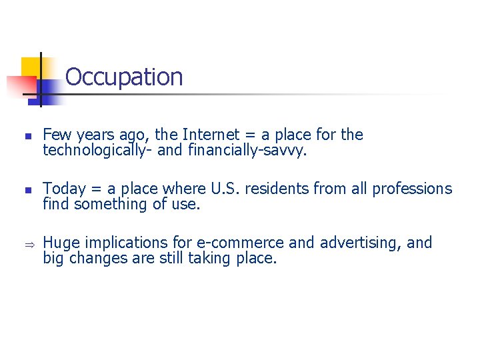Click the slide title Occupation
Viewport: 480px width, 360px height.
click(124, 77)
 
